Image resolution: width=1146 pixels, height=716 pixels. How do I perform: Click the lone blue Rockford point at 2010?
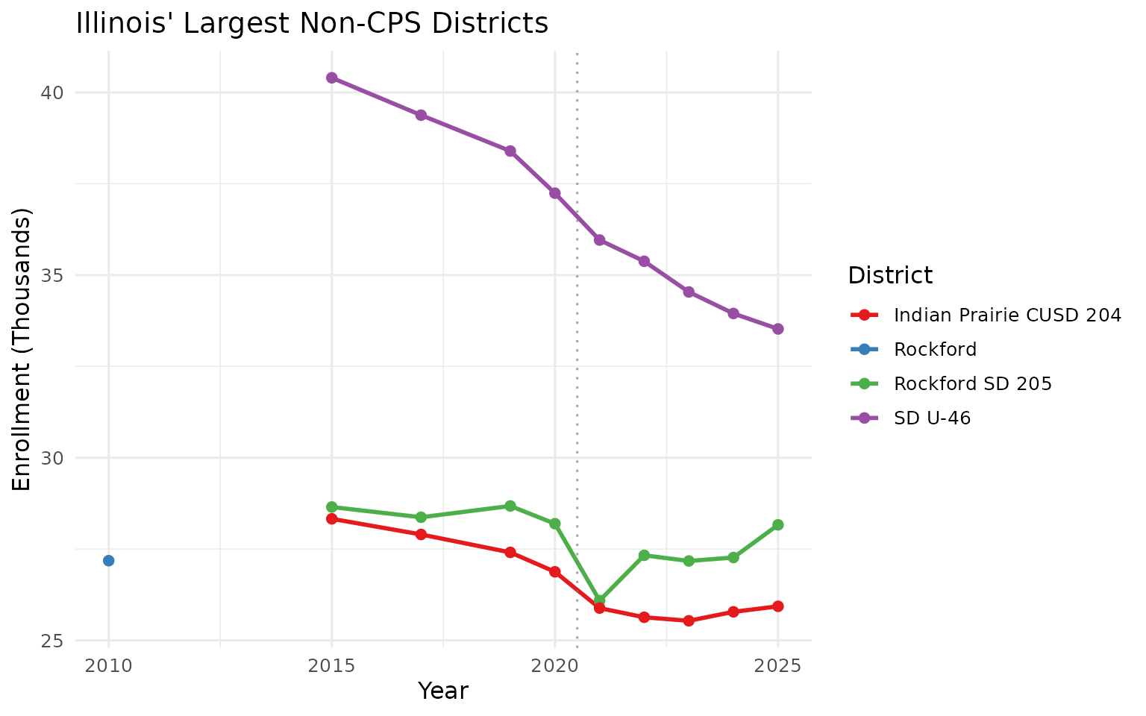click(x=108, y=560)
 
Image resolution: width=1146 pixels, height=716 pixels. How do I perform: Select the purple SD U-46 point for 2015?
click(x=332, y=78)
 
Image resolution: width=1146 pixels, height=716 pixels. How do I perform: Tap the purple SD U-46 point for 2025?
click(x=777, y=329)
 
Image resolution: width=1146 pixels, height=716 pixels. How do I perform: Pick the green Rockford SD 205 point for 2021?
click(x=599, y=600)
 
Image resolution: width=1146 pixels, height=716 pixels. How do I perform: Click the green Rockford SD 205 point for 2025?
click(x=777, y=525)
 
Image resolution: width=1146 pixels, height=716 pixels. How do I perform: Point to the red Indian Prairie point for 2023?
click(x=689, y=621)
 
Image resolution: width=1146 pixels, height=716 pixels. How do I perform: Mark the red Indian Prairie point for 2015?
click(x=332, y=518)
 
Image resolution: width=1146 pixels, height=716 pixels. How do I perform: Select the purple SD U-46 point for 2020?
click(x=555, y=193)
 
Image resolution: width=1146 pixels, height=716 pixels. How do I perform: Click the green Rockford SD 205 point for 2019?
click(x=510, y=506)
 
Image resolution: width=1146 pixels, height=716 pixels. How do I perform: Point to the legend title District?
click(x=890, y=276)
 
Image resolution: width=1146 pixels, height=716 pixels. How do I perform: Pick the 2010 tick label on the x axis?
click(x=108, y=665)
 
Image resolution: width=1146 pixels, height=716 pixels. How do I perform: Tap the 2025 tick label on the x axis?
click(x=777, y=665)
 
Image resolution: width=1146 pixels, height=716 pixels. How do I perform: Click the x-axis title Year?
click(x=443, y=691)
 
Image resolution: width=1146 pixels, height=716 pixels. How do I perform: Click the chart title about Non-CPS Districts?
click(x=312, y=24)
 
